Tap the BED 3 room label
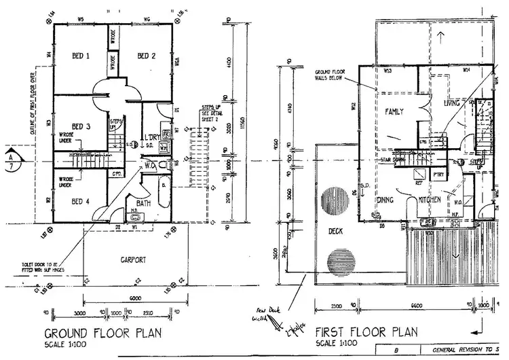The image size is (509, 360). pos(80,127)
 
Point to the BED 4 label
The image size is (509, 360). pos(80,201)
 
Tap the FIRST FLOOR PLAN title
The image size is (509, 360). pos(366,333)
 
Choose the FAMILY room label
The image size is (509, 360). pos(394,110)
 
